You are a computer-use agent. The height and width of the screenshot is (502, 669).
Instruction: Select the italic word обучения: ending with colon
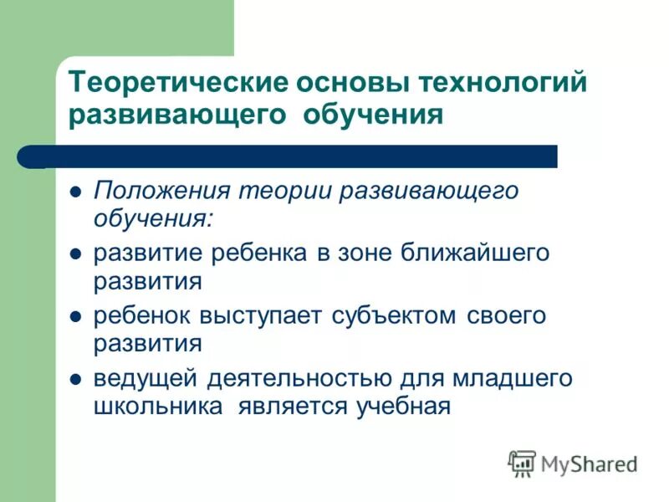point(154,219)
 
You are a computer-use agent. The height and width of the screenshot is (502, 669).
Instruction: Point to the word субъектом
point(391,316)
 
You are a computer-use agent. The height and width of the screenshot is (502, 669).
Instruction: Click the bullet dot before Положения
point(74,192)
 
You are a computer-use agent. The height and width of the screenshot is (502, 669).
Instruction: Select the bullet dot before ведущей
point(74,379)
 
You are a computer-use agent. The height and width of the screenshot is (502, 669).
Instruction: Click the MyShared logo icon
point(523,463)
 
